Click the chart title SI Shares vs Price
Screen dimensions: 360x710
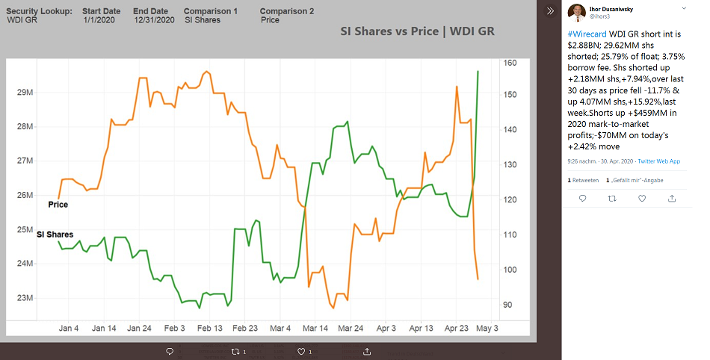[416, 32]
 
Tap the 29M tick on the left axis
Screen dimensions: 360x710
[25, 92]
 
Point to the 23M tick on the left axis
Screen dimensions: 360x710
[25, 298]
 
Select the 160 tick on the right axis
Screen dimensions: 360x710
[510, 63]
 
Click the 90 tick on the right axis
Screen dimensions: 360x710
[508, 305]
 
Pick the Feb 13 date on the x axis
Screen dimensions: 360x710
[210, 328]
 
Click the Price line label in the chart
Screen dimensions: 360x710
[58, 204]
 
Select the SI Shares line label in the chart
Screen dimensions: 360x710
[55, 235]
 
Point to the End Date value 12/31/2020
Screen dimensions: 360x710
[155, 20]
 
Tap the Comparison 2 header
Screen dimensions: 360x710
[287, 12]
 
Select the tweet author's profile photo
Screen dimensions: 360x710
[576, 12]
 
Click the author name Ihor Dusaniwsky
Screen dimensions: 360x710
[611, 7]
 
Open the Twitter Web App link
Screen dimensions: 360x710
[658, 161]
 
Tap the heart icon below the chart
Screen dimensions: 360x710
[301, 351]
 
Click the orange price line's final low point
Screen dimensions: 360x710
[478, 279]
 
